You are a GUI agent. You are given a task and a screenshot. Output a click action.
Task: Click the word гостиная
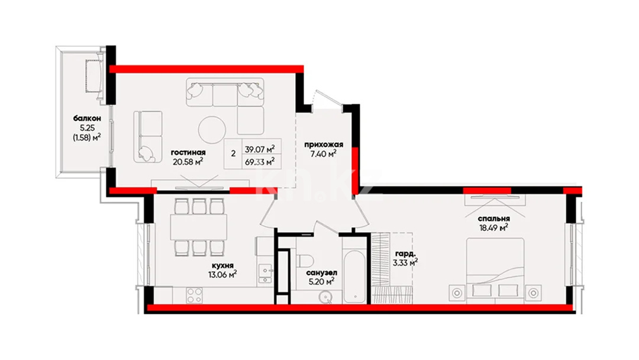[x=188, y=153]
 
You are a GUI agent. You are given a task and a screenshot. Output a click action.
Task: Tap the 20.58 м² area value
[x=188, y=162]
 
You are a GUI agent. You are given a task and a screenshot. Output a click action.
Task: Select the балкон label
[x=87, y=118]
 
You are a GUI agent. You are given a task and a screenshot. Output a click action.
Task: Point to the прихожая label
[x=324, y=144]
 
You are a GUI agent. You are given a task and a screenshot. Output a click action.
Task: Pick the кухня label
[x=222, y=265]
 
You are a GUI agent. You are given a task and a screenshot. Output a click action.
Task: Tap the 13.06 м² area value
[x=222, y=274]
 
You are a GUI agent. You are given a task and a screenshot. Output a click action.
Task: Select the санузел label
[x=321, y=272]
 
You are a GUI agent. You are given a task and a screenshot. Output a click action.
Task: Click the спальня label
[x=494, y=219]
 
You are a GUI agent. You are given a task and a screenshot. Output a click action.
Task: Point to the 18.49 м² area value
[x=494, y=228]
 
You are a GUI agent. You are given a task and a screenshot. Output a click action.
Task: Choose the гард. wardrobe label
[x=405, y=254]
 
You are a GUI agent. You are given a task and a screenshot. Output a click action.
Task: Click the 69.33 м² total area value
[x=260, y=162]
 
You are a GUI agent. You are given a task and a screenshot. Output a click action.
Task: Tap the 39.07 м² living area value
[x=260, y=149]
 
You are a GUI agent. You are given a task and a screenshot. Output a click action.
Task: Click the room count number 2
[x=233, y=154]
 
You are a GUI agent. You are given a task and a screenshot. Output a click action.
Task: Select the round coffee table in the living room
[x=212, y=130]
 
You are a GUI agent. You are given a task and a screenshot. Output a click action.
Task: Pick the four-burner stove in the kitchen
[x=195, y=295]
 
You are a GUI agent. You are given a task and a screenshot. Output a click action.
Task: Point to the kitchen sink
[x=266, y=274]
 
